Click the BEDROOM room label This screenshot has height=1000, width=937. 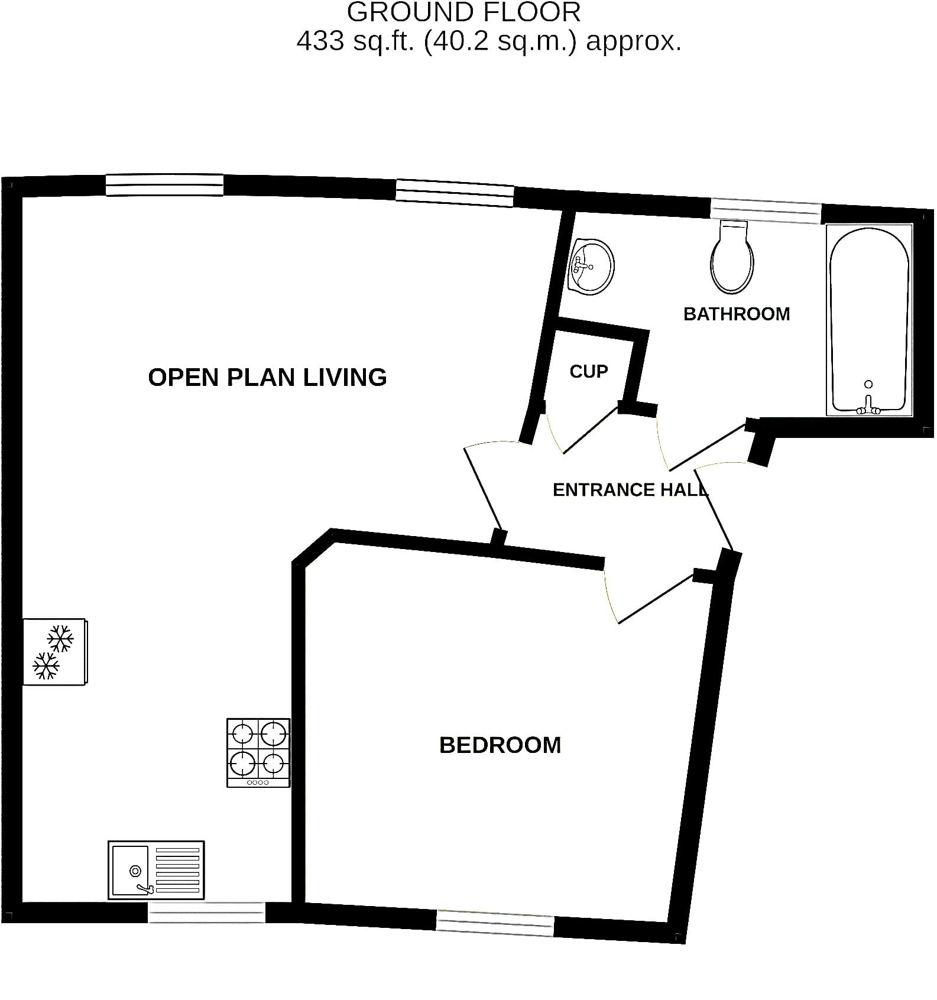pyautogui.click(x=500, y=745)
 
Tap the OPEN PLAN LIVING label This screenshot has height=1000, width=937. pyautogui.click(x=267, y=377)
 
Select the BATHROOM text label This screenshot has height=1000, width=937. pyautogui.click(x=737, y=313)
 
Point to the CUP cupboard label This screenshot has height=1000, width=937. pyautogui.click(x=589, y=371)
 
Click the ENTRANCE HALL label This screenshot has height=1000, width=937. pyautogui.click(x=630, y=489)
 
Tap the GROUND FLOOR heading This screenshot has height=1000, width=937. pyautogui.click(x=463, y=12)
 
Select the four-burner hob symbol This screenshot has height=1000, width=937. pyautogui.click(x=258, y=752)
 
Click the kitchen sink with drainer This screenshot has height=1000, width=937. pyautogui.click(x=156, y=870)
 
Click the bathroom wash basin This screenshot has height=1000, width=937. pyautogui.click(x=591, y=267)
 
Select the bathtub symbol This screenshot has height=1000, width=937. pyautogui.click(x=869, y=320)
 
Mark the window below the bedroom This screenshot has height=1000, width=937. pyautogui.click(x=495, y=923)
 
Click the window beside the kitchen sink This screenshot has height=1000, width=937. pyautogui.click(x=206, y=913)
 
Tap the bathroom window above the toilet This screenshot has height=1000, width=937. pyautogui.click(x=766, y=211)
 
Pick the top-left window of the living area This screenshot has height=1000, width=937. pyautogui.click(x=165, y=184)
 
